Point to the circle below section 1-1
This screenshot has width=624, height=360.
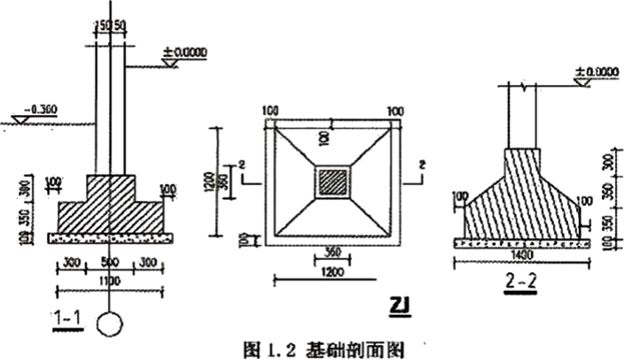coord(109,323)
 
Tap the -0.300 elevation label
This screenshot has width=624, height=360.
coord(41,111)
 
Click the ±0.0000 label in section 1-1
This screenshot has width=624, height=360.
coord(185,52)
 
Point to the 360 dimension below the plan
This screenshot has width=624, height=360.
coord(333,250)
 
